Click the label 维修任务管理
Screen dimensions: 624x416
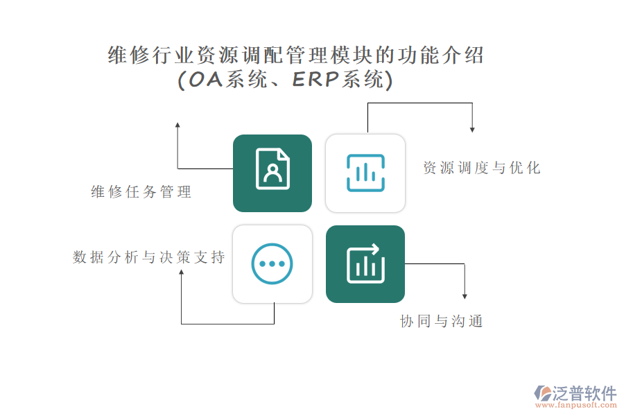coord(141,192)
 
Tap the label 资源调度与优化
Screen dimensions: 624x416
coord(482,168)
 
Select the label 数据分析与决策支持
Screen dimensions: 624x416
coord(149,257)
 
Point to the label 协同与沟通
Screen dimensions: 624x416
coord(442,321)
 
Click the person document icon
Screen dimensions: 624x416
coord(272,168)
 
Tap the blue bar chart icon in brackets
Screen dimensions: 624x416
coord(365,173)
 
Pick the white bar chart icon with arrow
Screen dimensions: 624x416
coord(365,263)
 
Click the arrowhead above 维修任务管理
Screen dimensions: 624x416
coord(177,125)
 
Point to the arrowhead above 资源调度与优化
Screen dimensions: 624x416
coord(472,130)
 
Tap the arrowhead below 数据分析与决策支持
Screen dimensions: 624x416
coord(182,272)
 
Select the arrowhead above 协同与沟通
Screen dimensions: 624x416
coord(465,296)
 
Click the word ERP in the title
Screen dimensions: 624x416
coord(316,79)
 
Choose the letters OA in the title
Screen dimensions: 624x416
coord(205,80)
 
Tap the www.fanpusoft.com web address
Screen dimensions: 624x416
coord(576,405)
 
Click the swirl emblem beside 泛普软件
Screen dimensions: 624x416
coord(543,393)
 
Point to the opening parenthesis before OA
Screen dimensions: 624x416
coord(182,80)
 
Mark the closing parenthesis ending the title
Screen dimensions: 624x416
coord(389,80)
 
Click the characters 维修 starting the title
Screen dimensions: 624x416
coord(130,55)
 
